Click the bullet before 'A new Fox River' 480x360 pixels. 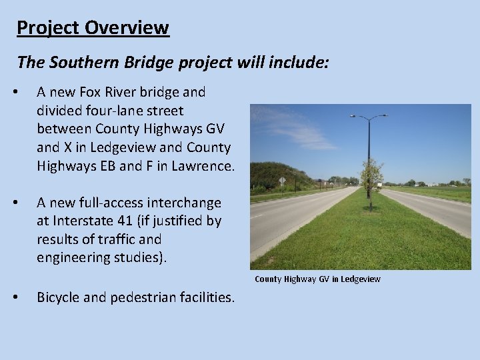click(23, 92)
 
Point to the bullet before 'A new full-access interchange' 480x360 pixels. click(23, 203)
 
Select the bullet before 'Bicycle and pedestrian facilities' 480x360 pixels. click(23, 297)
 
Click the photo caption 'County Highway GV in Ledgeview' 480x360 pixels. click(317, 279)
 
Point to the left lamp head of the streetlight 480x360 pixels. click(353, 117)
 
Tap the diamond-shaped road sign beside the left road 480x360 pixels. click(283, 180)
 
